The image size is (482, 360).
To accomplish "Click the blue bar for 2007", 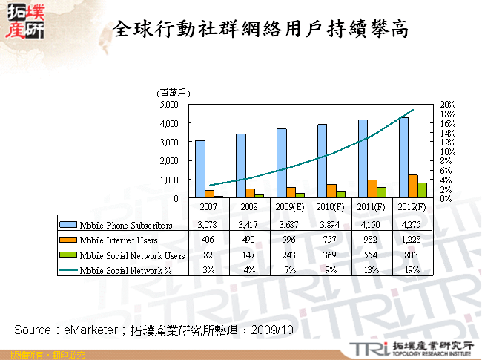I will (x=200, y=169).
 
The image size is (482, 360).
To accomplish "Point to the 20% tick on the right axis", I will (x=447, y=105).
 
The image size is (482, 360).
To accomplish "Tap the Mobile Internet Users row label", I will (x=119, y=240).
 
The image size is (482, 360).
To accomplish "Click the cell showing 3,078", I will (x=210, y=224).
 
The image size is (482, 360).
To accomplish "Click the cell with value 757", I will (x=331, y=240).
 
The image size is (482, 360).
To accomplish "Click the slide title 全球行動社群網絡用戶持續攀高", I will (x=260, y=28).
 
